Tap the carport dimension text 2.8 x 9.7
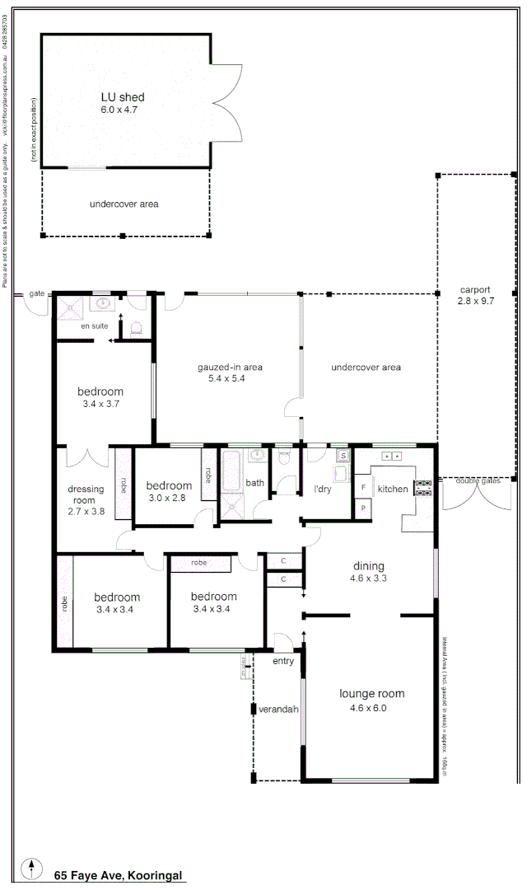point(475,302)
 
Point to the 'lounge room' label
point(372,694)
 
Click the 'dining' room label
point(369,566)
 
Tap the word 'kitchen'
point(392,489)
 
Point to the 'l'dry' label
point(322,489)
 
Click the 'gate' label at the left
point(36,293)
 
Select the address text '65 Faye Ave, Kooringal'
point(119,875)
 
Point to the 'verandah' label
point(278,709)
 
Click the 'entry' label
point(283,660)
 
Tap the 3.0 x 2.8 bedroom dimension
point(168,498)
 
